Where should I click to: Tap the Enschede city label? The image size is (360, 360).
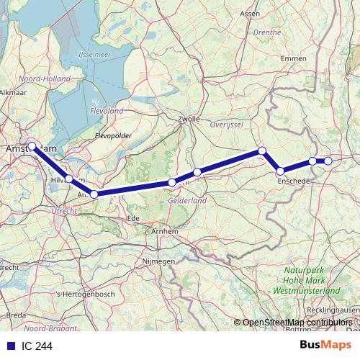293,182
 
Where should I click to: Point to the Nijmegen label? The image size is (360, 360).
159,261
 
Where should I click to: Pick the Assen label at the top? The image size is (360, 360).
249,13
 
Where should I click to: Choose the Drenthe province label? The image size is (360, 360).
267,32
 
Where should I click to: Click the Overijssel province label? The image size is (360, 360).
223,124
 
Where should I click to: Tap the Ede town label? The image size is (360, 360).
132,217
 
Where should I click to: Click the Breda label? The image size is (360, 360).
15,315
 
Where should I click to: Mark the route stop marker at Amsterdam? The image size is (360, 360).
32,146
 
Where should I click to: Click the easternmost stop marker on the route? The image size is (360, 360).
328,161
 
